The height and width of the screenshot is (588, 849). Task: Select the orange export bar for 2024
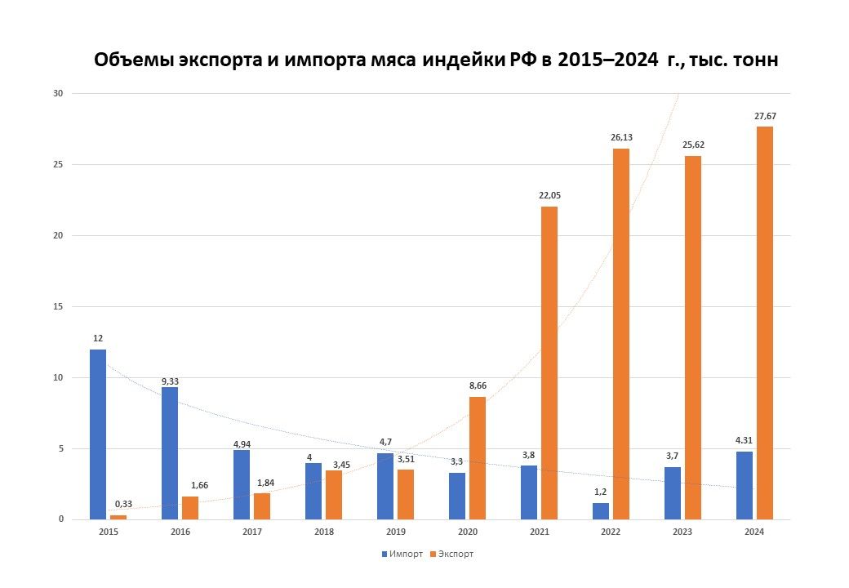[x=764, y=323]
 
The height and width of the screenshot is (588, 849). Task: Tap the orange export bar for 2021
[x=549, y=363]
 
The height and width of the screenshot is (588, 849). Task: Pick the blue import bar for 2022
[x=601, y=510]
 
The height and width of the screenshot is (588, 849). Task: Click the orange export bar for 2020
[x=478, y=457]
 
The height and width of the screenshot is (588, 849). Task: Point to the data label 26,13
[x=621, y=137]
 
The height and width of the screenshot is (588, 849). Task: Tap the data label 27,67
[x=765, y=116]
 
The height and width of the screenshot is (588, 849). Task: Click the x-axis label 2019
[x=396, y=532]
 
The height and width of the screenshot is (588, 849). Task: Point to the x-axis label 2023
[x=682, y=532]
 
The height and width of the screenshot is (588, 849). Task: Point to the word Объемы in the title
[x=131, y=61]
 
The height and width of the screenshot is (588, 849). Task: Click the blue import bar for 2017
[x=242, y=484]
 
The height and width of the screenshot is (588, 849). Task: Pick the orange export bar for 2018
[x=334, y=495]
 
